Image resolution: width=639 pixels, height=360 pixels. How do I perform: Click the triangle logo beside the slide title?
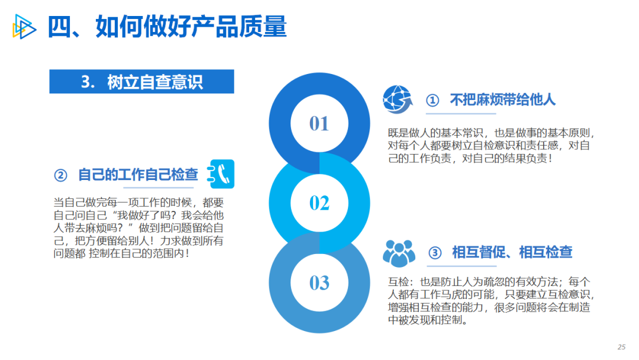pos(24,27)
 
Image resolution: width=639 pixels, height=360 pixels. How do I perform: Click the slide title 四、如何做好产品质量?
pos(167,27)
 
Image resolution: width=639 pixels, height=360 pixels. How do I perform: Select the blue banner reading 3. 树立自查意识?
pos(142,82)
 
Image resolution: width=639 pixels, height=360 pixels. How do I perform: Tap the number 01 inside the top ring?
pos(319,124)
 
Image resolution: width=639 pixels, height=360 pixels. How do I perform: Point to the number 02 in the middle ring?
pos(319,203)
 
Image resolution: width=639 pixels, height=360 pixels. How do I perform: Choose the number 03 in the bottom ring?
pos(319,282)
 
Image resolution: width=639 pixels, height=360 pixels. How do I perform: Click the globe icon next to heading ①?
pos(398,99)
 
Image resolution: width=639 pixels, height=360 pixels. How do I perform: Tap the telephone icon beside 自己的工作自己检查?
pos(221,174)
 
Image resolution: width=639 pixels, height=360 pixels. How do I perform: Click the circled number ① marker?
pos(433,100)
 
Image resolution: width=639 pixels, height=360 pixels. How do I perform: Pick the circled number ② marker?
pos(61,175)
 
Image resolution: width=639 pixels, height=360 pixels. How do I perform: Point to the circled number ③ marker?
pos(435,253)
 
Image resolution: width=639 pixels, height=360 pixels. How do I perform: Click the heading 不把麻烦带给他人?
pos(503,99)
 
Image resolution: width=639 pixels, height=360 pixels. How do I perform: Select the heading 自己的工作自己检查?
pos(138,175)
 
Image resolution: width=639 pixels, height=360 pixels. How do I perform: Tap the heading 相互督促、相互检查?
pos(512,252)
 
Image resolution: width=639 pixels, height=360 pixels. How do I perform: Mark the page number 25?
pos(621,347)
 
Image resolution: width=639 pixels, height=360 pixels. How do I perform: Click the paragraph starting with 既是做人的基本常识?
pos(492,146)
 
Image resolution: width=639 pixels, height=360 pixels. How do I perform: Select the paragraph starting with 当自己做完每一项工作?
pos(138,228)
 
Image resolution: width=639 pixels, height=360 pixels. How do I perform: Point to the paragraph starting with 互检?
pos(492,301)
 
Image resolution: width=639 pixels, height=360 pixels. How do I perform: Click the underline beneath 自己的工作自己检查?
pos(159,188)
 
